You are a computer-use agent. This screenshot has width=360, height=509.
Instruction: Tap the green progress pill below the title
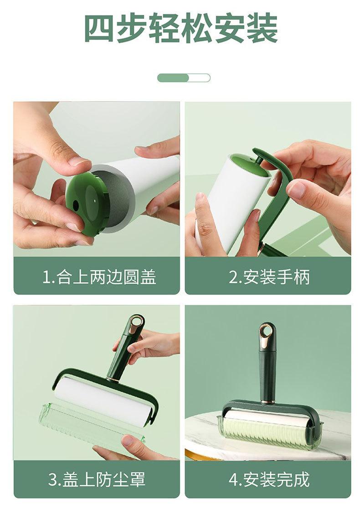pyautogui.click(x=184, y=78)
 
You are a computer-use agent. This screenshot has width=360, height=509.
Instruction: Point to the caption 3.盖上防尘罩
pyautogui.click(x=97, y=479)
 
